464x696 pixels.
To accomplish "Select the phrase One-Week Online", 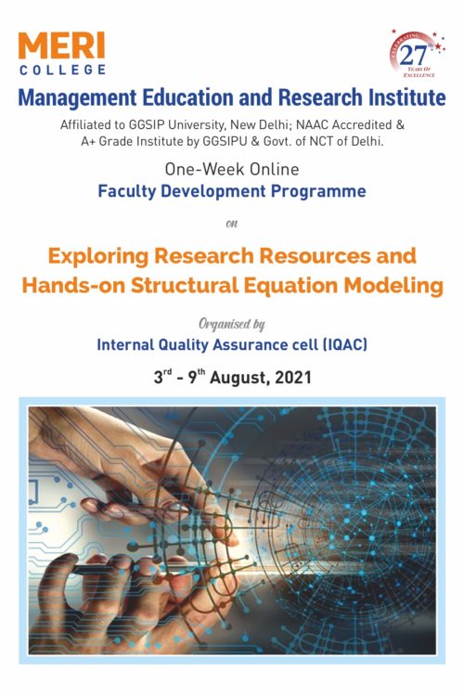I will pos(232,171).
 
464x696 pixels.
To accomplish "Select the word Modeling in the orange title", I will pos(393,286).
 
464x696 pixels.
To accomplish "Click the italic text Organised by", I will pos(232,324).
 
